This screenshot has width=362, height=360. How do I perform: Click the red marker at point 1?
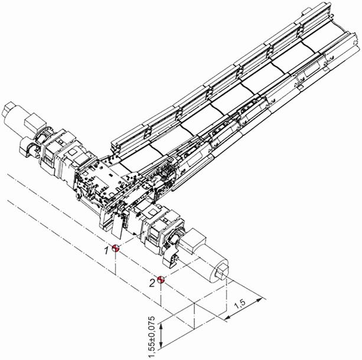[x=115, y=248]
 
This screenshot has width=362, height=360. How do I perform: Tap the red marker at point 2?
[x=161, y=280]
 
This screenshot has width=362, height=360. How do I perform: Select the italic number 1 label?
[x=106, y=250]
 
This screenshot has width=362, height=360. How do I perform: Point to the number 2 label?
[x=152, y=283]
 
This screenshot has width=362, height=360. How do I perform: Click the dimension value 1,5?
[x=240, y=305]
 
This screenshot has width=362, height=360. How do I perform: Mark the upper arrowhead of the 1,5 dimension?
[x=259, y=300]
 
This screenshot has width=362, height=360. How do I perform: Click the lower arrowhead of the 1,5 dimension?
[x=228, y=318]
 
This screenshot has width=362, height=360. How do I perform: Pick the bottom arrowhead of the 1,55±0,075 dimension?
[x=162, y=345]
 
